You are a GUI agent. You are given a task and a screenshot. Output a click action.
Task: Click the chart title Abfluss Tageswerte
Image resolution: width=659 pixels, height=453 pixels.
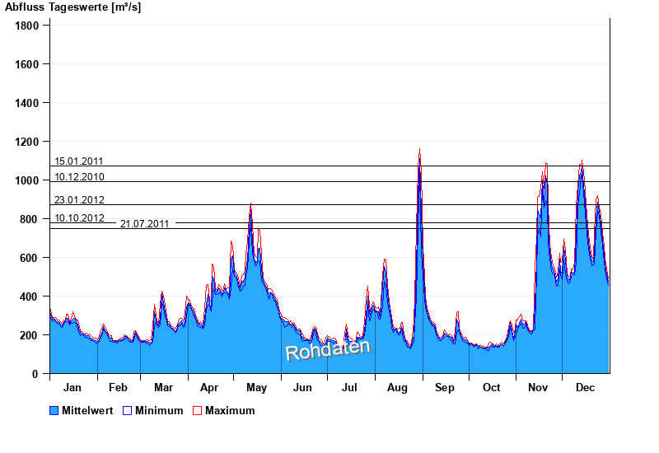(x=72, y=7)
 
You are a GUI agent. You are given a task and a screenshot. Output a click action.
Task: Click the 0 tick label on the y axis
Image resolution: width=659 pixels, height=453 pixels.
(x=35, y=374)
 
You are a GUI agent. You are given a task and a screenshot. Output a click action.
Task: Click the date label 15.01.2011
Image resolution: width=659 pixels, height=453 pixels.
(x=79, y=161)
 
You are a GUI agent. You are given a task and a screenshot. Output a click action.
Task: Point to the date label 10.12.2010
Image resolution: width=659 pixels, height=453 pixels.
(x=79, y=177)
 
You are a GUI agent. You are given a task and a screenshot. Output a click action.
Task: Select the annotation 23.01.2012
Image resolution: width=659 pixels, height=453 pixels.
(x=79, y=200)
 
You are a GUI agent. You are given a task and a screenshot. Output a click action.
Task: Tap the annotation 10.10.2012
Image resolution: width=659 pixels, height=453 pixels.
(x=79, y=218)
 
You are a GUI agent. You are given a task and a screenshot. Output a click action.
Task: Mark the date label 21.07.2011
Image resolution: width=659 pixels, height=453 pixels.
(x=145, y=224)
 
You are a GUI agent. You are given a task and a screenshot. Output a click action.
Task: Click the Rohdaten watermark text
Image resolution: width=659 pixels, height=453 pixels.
(x=328, y=349)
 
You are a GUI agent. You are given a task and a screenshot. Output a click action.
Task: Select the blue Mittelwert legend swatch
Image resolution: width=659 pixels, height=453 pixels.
(x=54, y=410)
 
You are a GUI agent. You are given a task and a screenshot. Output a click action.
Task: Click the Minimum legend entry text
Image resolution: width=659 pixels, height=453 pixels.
(x=159, y=410)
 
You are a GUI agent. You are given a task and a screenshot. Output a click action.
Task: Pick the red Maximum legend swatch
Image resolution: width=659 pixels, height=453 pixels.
(x=197, y=410)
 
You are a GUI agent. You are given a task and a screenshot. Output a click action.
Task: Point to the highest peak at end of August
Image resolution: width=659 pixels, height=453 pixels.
(x=420, y=150)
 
